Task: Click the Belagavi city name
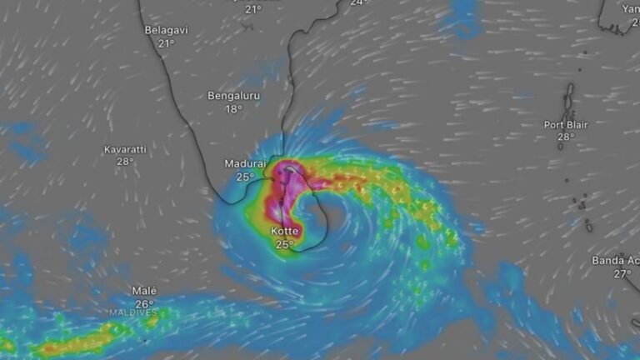[166, 30]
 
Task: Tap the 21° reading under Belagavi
[166, 43]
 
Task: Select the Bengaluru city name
[233, 96]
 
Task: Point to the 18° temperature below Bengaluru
[233, 109]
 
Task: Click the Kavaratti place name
[125, 149]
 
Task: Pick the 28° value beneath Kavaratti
[125, 162]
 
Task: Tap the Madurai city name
[245, 163]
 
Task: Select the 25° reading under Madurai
[245, 177]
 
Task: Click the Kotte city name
[284, 231]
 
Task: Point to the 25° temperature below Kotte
[284, 244]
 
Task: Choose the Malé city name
[144, 291]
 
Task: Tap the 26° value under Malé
[144, 303]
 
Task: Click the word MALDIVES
[132, 313]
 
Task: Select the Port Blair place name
[566, 124]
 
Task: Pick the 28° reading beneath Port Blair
[566, 137]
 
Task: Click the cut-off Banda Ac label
[615, 261]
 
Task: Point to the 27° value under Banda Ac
[622, 273]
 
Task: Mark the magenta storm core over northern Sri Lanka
[288, 174]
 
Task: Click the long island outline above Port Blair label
[570, 99]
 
